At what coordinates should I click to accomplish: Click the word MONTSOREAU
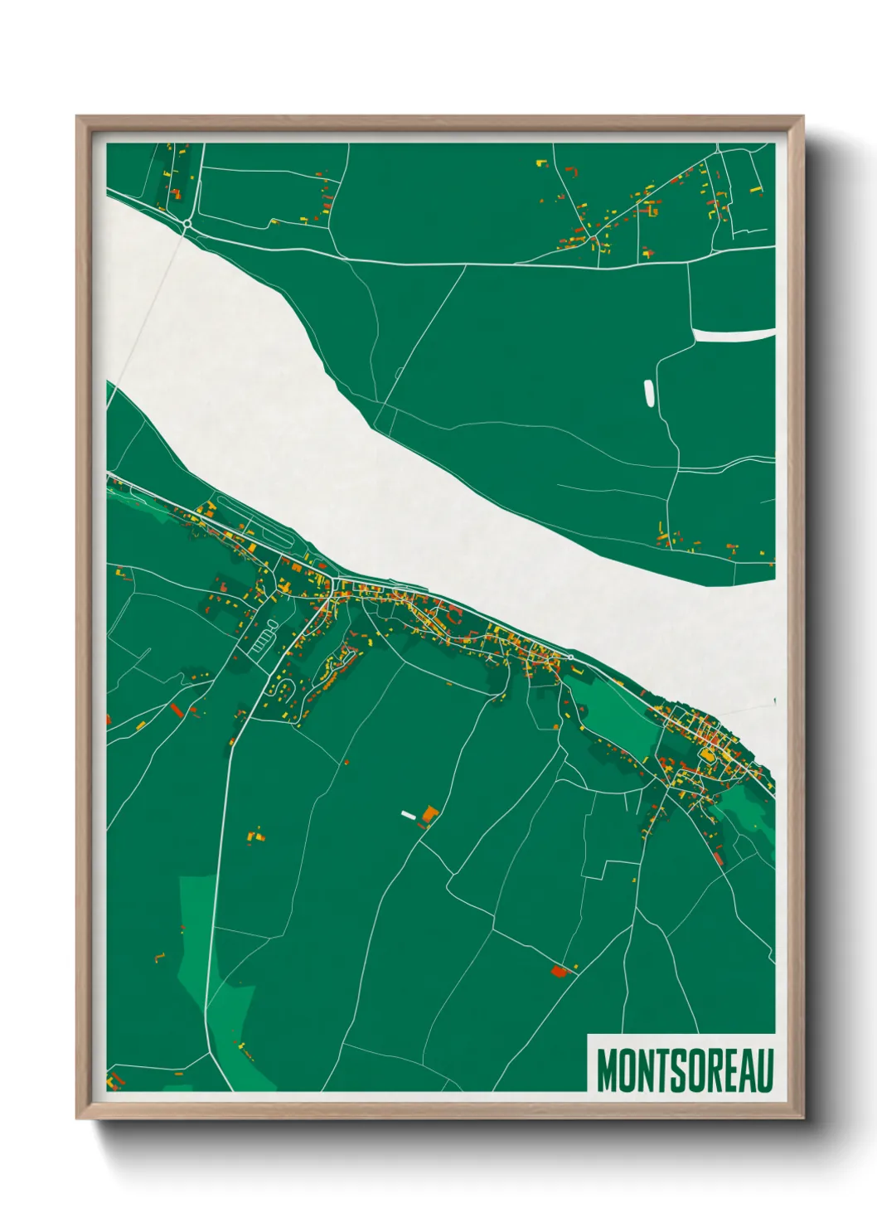684,1070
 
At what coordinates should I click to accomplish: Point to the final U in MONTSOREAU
764,1070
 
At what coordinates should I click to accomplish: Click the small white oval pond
648,392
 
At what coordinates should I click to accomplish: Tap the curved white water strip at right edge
733,335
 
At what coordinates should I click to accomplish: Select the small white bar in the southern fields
408,814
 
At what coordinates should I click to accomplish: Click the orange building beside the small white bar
429,814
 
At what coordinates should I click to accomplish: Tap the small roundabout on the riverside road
570,657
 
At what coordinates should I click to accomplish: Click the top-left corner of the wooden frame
77,117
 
